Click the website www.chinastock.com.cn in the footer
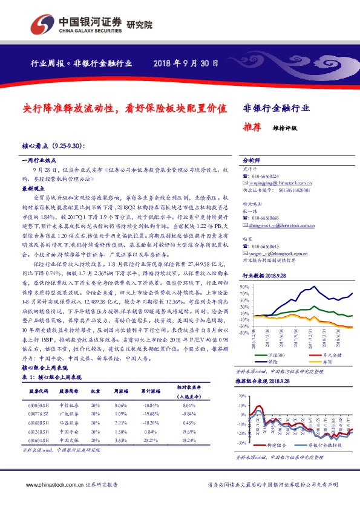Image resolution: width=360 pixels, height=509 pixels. (50, 485)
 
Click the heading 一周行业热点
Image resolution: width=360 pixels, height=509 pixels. (39, 160)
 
